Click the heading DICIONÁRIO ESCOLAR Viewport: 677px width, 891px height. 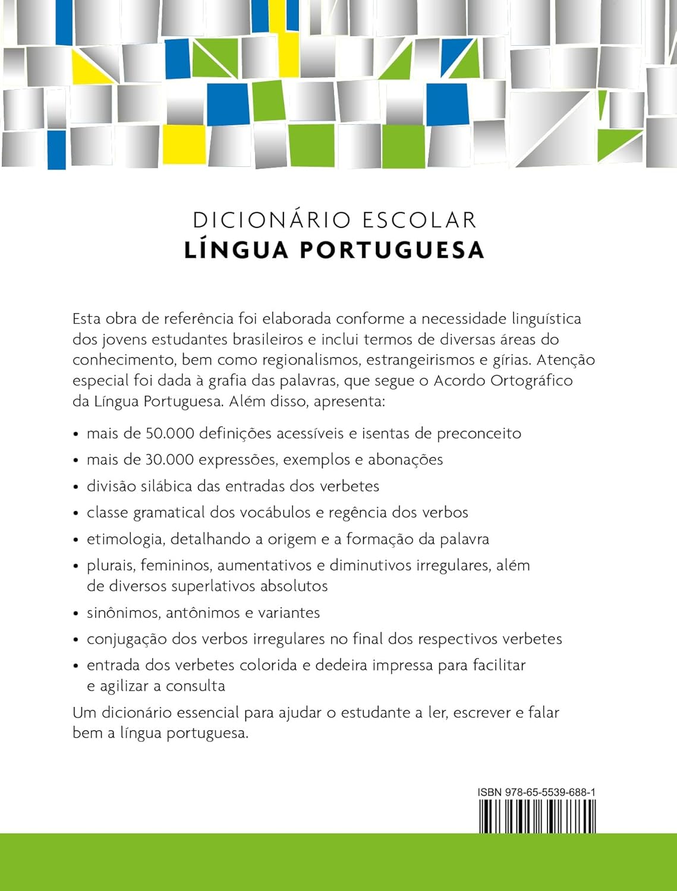click(x=335, y=220)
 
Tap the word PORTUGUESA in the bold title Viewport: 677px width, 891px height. click(x=392, y=250)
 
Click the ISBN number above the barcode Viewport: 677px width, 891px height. click(x=537, y=792)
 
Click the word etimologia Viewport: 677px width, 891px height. click(x=125, y=539)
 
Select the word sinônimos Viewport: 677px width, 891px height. click(x=123, y=613)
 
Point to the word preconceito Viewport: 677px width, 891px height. click(x=479, y=434)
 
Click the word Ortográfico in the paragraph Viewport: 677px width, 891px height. click(x=532, y=381)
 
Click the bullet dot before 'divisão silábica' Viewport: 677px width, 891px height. click(x=75, y=487)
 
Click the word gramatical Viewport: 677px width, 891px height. click(x=169, y=513)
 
